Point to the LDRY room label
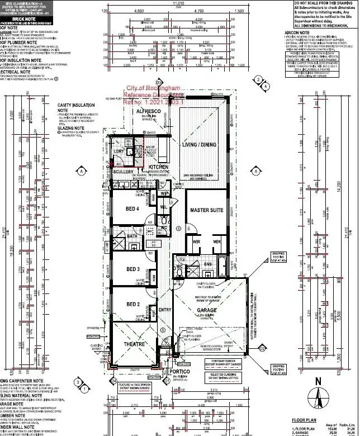(119, 151)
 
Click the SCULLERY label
(124, 172)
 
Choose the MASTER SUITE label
(207, 210)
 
